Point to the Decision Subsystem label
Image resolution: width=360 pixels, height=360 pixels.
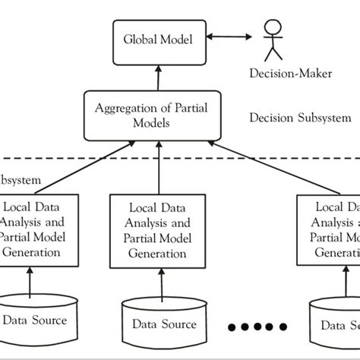click(300, 118)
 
